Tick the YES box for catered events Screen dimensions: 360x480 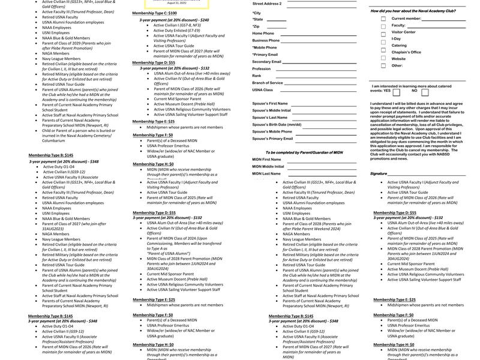tap(396, 92)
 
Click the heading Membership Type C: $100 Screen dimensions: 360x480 tap(154, 13)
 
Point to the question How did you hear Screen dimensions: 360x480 tap(411, 11)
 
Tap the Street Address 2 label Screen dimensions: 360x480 tap(267, 4)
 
